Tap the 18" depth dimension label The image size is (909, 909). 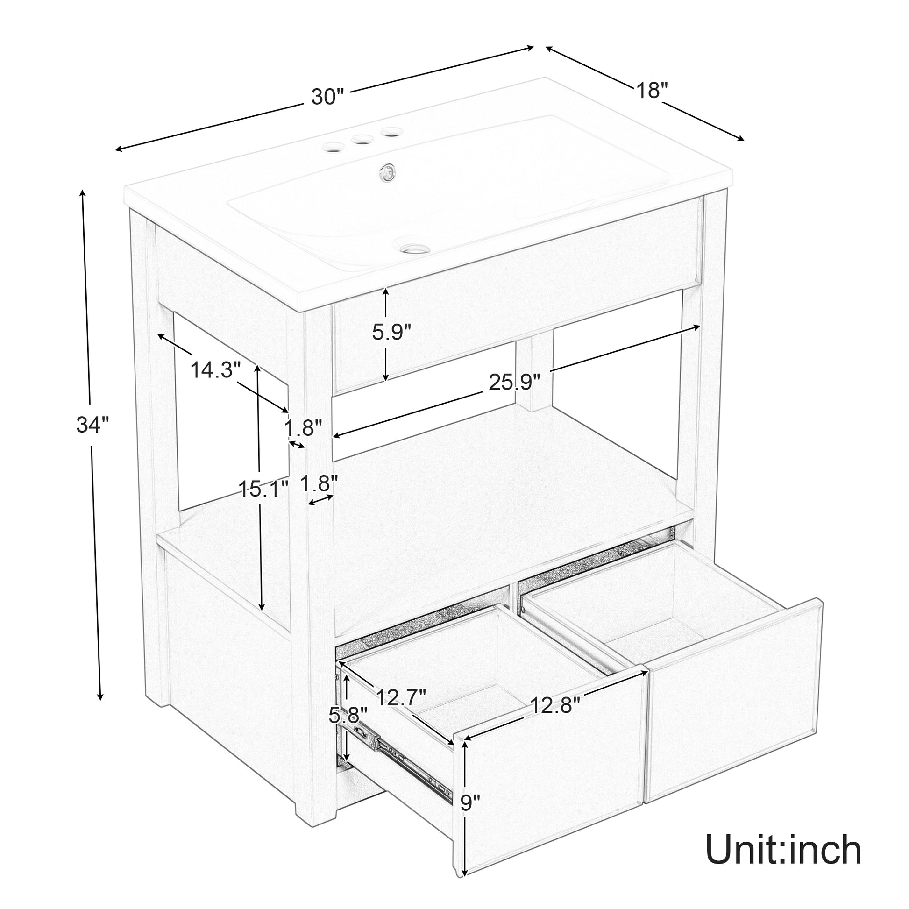coord(652,90)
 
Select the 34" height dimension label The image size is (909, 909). coord(92,426)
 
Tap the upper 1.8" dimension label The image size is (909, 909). coord(304,428)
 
